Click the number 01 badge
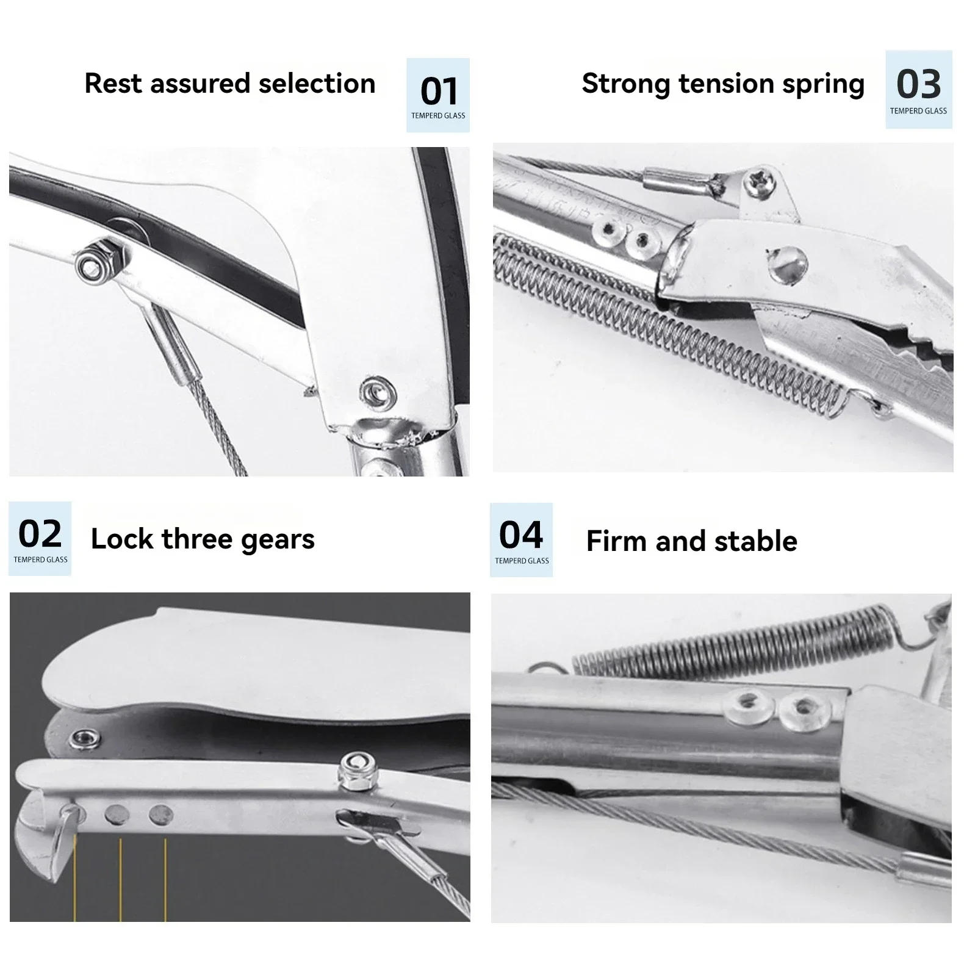(438, 95)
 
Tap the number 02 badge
(40, 538)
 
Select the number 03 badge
(918, 89)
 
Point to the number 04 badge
(521, 539)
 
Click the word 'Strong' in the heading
(626, 84)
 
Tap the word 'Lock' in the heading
(122, 539)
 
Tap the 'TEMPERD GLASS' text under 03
(918, 111)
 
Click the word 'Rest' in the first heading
(113, 84)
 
